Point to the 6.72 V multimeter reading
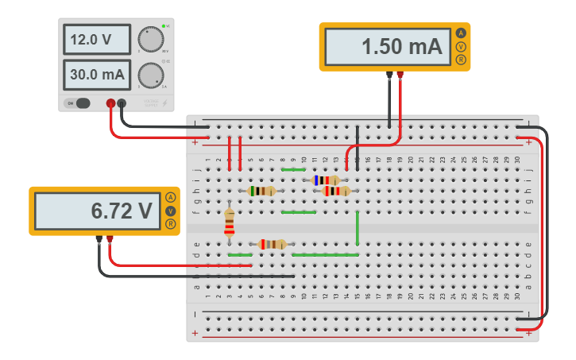click(x=96, y=211)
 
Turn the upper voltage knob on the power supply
click(x=149, y=40)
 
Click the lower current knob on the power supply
click(x=149, y=75)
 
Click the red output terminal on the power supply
click(x=110, y=103)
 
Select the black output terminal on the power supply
click(x=122, y=103)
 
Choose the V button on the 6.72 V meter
click(x=170, y=211)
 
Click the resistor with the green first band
click(x=261, y=191)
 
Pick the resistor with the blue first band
click(x=326, y=180)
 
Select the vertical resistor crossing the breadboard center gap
click(x=230, y=223)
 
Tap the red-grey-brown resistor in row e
click(x=273, y=244)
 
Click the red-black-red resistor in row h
click(x=336, y=191)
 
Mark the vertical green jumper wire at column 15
click(x=358, y=228)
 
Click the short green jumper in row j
click(x=293, y=169)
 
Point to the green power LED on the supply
click(x=163, y=26)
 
